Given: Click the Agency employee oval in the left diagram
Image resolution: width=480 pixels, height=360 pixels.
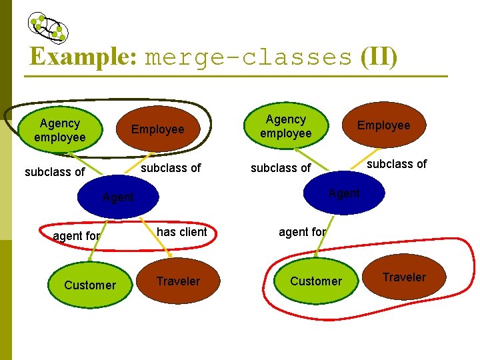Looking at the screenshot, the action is point(60,130).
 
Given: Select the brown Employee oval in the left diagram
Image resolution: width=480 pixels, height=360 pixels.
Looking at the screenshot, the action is point(158,129).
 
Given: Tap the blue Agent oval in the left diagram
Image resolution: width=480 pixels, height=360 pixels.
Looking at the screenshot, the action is point(118,197).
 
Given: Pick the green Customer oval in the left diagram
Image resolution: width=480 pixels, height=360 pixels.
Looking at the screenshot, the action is point(90,285).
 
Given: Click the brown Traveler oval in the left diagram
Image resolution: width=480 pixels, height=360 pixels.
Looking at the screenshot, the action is point(178,281).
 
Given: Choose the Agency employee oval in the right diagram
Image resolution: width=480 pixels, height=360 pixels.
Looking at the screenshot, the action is point(286,126).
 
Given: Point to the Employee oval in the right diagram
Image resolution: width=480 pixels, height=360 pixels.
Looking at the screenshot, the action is point(384,125).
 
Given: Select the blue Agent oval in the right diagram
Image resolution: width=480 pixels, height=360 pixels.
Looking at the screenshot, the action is point(344,193).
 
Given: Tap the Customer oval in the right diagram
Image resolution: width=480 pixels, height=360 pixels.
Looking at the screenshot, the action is point(316,281).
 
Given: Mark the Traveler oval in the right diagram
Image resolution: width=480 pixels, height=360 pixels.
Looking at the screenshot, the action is point(404,277).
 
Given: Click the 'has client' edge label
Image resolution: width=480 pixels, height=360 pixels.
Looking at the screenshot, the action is point(182,232).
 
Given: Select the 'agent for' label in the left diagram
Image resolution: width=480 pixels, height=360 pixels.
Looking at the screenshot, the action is point(77,236).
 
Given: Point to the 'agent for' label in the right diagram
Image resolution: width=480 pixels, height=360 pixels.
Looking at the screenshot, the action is point(303,232).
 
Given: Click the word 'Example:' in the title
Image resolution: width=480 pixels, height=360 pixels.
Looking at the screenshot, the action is point(83,56).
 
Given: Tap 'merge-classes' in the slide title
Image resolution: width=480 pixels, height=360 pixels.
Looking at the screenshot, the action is point(248,57).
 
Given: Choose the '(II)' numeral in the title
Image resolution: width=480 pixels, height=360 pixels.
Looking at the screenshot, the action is point(379,57).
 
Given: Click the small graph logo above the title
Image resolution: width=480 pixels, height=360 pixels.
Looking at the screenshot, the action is point(48,28).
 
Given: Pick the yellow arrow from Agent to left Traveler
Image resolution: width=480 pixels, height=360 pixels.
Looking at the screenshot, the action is point(155,237).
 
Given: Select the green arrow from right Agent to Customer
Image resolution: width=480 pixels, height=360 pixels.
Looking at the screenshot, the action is point(324,236).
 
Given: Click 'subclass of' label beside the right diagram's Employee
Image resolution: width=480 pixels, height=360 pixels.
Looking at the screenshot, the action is point(397,164).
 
